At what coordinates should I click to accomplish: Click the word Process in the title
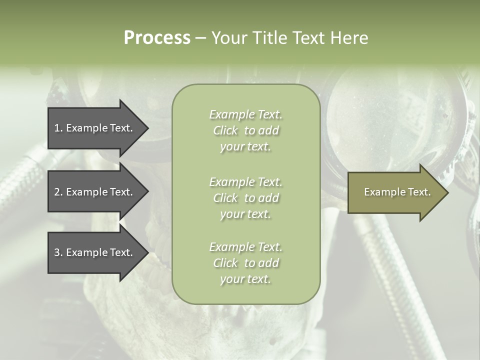[157, 38]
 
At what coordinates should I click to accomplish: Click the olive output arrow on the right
[395, 192]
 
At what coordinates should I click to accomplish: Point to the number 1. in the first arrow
[58, 128]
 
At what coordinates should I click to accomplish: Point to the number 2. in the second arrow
[58, 192]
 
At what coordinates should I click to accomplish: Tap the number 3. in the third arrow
[58, 252]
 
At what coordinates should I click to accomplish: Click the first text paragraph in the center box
[245, 130]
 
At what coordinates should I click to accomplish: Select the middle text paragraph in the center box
[245, 198]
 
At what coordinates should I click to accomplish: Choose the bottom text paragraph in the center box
[245, 263]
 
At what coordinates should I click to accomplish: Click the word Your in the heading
[228, 38]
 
